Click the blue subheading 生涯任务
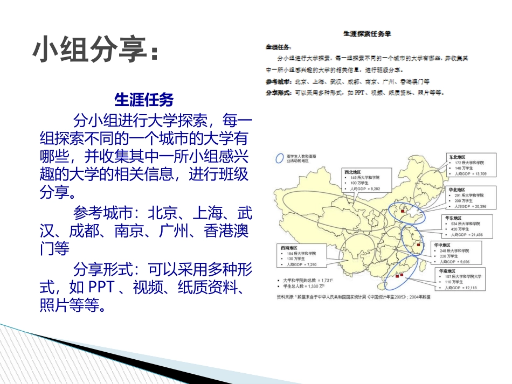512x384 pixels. point(144,100)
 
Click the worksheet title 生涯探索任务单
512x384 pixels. point(367,33)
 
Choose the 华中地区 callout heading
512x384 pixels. point(444,245)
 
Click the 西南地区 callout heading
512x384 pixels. point(289,248)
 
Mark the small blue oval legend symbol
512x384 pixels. point(280,158)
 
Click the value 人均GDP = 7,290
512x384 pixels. point(302,264)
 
